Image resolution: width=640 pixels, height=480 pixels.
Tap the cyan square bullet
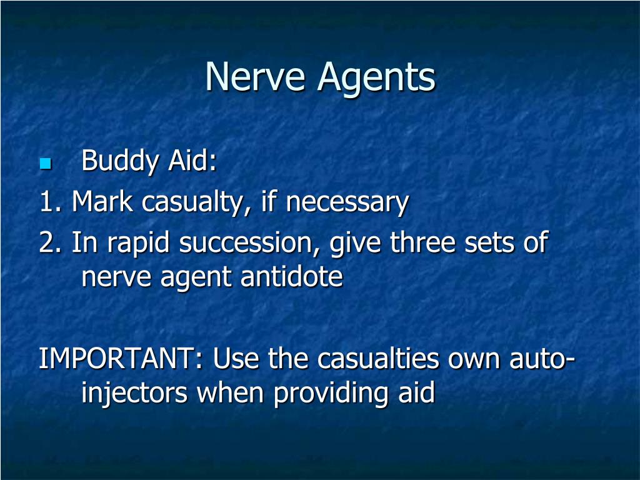(x=44, y=164)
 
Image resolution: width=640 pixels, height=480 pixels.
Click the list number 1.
(x=49, y=202)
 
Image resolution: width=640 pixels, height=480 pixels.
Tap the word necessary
(x=347, y=202)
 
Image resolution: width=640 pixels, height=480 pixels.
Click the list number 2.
(x=49, y=242)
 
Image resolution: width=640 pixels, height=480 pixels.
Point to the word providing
(x=324, y=394)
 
